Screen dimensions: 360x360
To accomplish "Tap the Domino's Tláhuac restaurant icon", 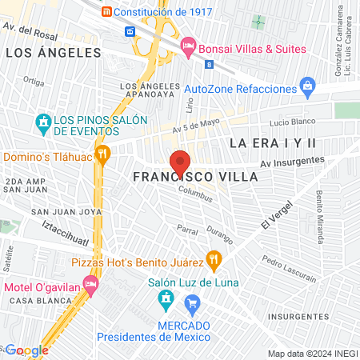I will coord(102,154).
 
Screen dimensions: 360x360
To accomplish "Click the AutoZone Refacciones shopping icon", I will coord(306,86).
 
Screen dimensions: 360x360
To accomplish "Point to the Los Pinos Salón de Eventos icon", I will coord(43,124).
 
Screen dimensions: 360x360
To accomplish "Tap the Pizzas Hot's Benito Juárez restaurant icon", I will coord(213,258).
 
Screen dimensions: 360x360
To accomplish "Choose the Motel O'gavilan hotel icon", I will coord(93,285).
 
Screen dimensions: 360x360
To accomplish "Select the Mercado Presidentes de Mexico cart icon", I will coord(192,303).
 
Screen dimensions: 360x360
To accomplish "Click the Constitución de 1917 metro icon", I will coord(106,12).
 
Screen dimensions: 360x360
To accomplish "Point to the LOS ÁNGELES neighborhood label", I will coord(54,53).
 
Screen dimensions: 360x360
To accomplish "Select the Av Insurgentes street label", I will coord(293,163).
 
